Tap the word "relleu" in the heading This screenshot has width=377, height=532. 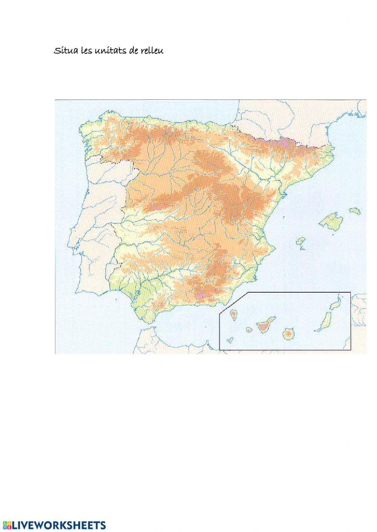point(152,51)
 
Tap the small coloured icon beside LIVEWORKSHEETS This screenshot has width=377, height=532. point(6,525)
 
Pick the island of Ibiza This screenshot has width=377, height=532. point(301,240)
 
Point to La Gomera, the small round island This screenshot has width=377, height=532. point(249,330)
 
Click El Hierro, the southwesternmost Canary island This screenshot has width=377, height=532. point(229,340)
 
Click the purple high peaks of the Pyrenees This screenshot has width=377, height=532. point(283,142)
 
